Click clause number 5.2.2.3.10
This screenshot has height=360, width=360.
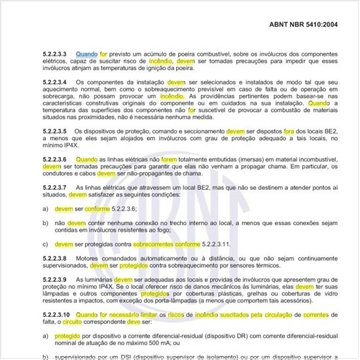56,315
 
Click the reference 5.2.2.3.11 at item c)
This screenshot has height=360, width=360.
222,244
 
